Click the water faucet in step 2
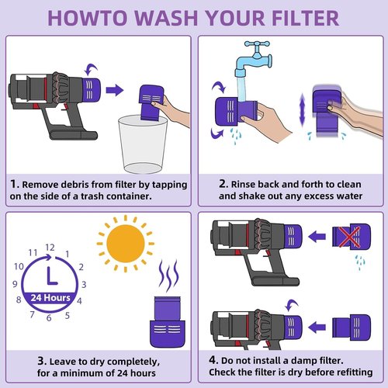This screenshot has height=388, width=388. tap(254, 60)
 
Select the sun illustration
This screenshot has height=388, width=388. tap(126, 244)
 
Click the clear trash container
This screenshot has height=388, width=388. tap(143, 144)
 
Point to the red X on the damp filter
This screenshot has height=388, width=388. tap(349, 237)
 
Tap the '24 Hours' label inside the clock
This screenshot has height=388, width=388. tap(50, 298)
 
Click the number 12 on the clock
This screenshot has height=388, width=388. tap(50, 248)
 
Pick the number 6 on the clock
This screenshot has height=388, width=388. tap(49, 318)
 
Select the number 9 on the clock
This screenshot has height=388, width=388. tap(15, 284)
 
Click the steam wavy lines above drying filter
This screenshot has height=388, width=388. tap(168, 275)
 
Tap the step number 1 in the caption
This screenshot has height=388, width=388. tap(14, 184)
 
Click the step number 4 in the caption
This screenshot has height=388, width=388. tap(213, 360)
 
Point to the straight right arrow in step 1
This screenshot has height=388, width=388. tap(115, 90)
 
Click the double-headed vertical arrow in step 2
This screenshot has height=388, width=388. tap(302, 109)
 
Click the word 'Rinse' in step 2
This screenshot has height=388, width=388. tap(243, 185)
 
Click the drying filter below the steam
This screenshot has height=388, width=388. tap(168, 322)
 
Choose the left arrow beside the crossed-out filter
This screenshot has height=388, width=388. tap(317, 237)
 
